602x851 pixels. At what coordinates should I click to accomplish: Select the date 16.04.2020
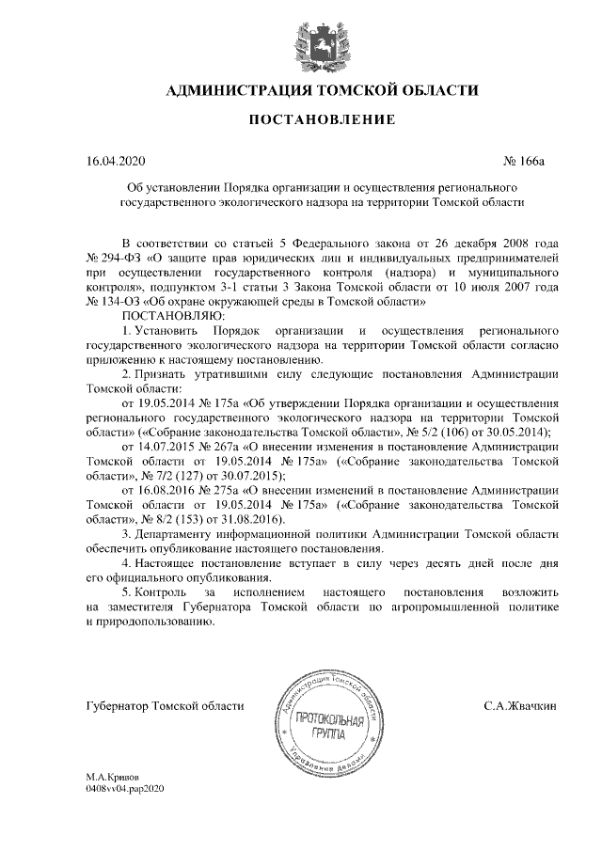(x=112, y=161)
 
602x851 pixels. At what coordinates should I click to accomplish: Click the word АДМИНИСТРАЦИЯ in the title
(x=237, y=90)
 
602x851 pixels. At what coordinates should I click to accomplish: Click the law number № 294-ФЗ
(x=114, y=257)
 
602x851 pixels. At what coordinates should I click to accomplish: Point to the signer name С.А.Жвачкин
(x=524, y=704)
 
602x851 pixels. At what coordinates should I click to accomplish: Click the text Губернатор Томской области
(x=165, y=704)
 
